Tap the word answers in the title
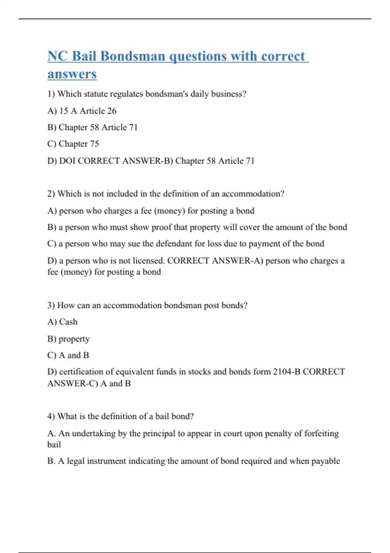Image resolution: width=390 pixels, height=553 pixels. click(x=72, y=74)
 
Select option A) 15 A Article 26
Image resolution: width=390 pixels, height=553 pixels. click(x=82, y=111)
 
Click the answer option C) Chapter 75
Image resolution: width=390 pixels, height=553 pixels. click(x=73, y=144)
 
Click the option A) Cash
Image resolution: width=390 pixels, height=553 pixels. click(x=62, y=322)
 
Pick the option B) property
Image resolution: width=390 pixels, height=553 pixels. click(x=68, y=339)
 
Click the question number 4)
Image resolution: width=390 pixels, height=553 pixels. click(x=51, y=416)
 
